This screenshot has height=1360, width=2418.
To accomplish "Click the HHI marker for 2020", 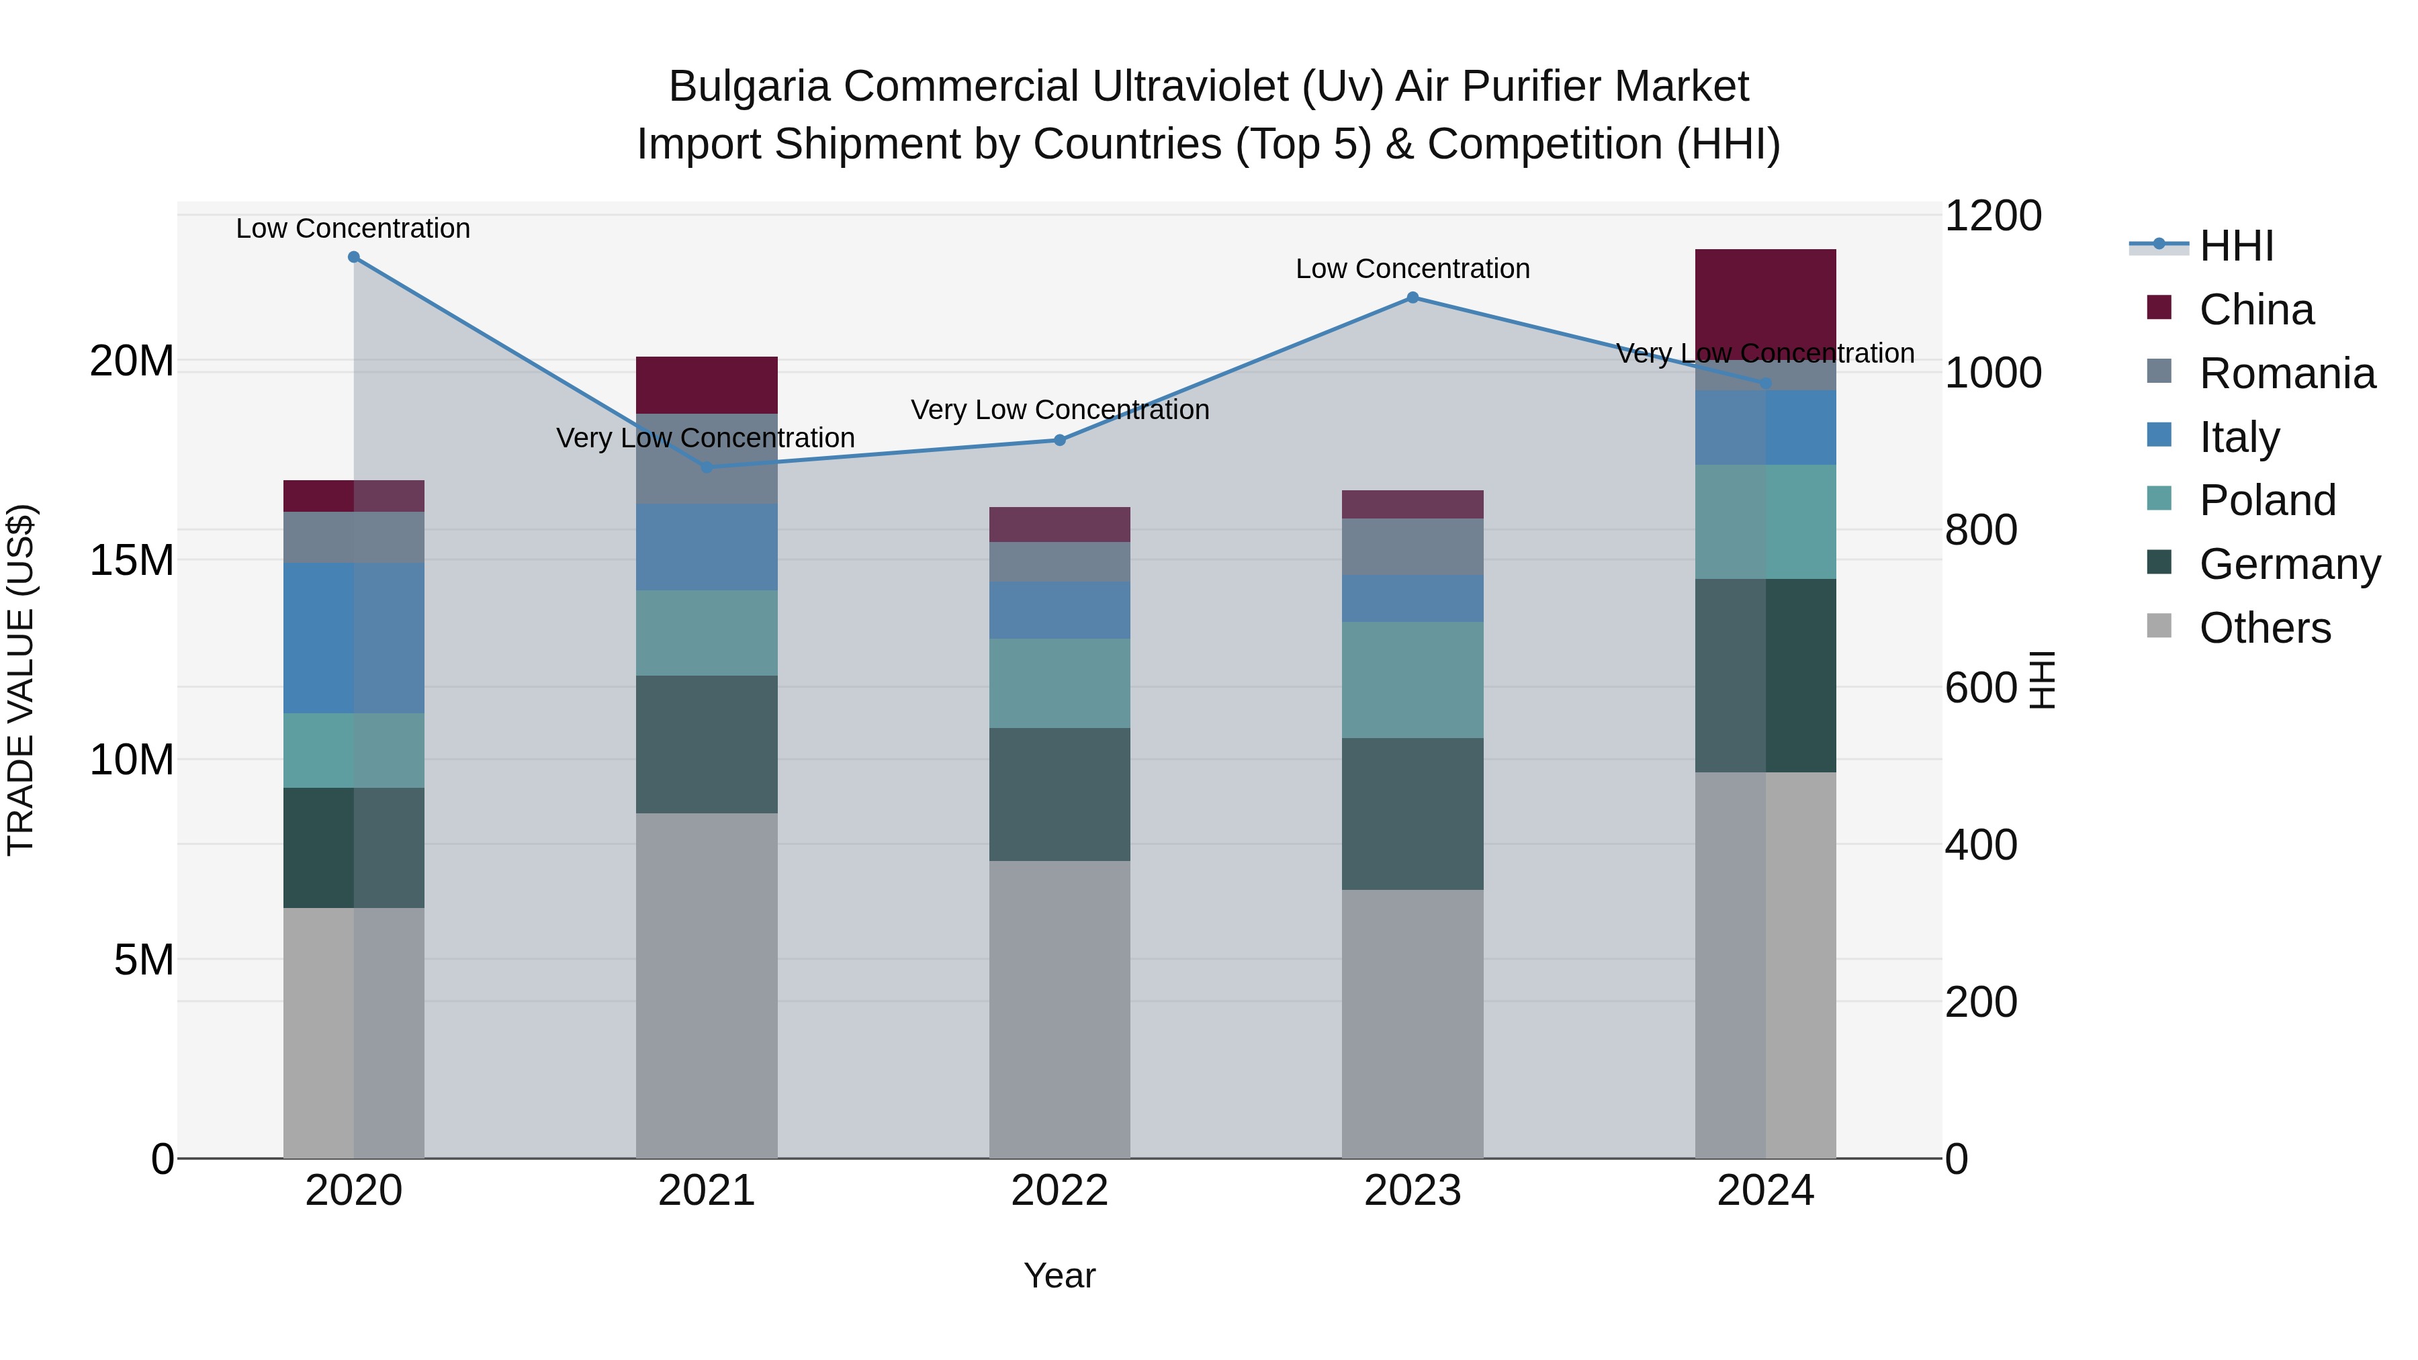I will tap(354, 257).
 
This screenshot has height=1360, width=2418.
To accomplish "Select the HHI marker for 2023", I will tap(1412, 298).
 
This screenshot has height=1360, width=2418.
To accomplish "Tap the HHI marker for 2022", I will tap(1060, 440).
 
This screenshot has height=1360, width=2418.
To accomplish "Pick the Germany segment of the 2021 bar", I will tap(707, 744).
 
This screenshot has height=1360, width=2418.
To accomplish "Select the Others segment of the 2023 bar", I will tap(1412, 1023).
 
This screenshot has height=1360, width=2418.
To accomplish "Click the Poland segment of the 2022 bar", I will tap(1060, 683).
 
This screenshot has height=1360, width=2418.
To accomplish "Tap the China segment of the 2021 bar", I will tap(707, 385).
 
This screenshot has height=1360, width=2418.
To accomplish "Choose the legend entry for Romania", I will tap(2286, 373).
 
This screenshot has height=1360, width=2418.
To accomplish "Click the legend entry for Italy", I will tap(2239, 437).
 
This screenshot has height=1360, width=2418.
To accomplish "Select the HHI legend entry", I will tap(2236, 246).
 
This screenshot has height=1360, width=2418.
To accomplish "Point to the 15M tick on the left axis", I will tap(132, 560).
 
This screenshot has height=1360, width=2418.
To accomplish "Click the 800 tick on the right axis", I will tap(1981, 531).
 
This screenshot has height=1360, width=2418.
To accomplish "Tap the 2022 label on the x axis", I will tap(1060, 1191).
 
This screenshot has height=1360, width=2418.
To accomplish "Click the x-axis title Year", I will tap(1060, 1275).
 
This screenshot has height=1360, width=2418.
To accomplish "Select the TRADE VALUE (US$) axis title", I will tap(21, 680).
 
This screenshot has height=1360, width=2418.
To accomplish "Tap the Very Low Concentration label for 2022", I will tap(1060, 410).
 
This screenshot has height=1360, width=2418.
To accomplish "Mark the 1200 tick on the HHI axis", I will tap(1993, 216).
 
